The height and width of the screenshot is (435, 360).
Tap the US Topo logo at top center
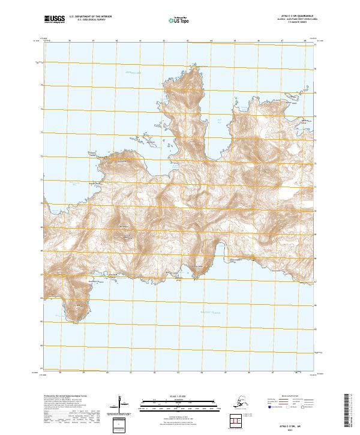pyautogui.click(x=178, y=20)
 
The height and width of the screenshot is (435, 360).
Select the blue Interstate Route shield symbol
pyautogui.click(x=269, y=406)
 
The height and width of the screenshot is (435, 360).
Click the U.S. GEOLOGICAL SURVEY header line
pyautogui.click(x=88, y=20)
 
